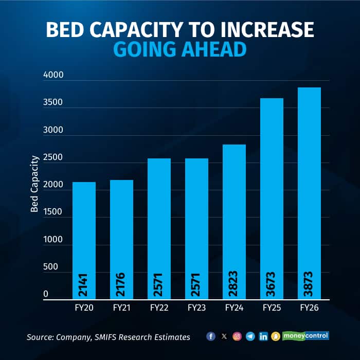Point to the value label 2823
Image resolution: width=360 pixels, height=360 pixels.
click(x=235, y=283)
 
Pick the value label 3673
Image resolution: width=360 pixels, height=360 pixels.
click(x=273, y=283)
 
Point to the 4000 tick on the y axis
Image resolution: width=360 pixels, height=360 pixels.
click(x=53, y=75)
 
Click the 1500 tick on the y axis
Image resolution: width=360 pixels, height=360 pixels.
click(x=53, y=212)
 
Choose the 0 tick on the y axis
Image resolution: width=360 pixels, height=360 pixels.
click(x=46, y=294)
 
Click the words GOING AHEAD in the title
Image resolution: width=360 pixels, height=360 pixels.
click(x=179, y=50)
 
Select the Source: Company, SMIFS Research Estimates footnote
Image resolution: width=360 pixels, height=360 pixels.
click(x=109, y=337)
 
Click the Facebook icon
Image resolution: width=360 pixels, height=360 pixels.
click(x=211, y=336)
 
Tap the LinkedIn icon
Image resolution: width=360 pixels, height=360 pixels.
click(x=263, y=336)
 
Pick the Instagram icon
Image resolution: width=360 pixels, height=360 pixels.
click(x=237, y=336)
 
